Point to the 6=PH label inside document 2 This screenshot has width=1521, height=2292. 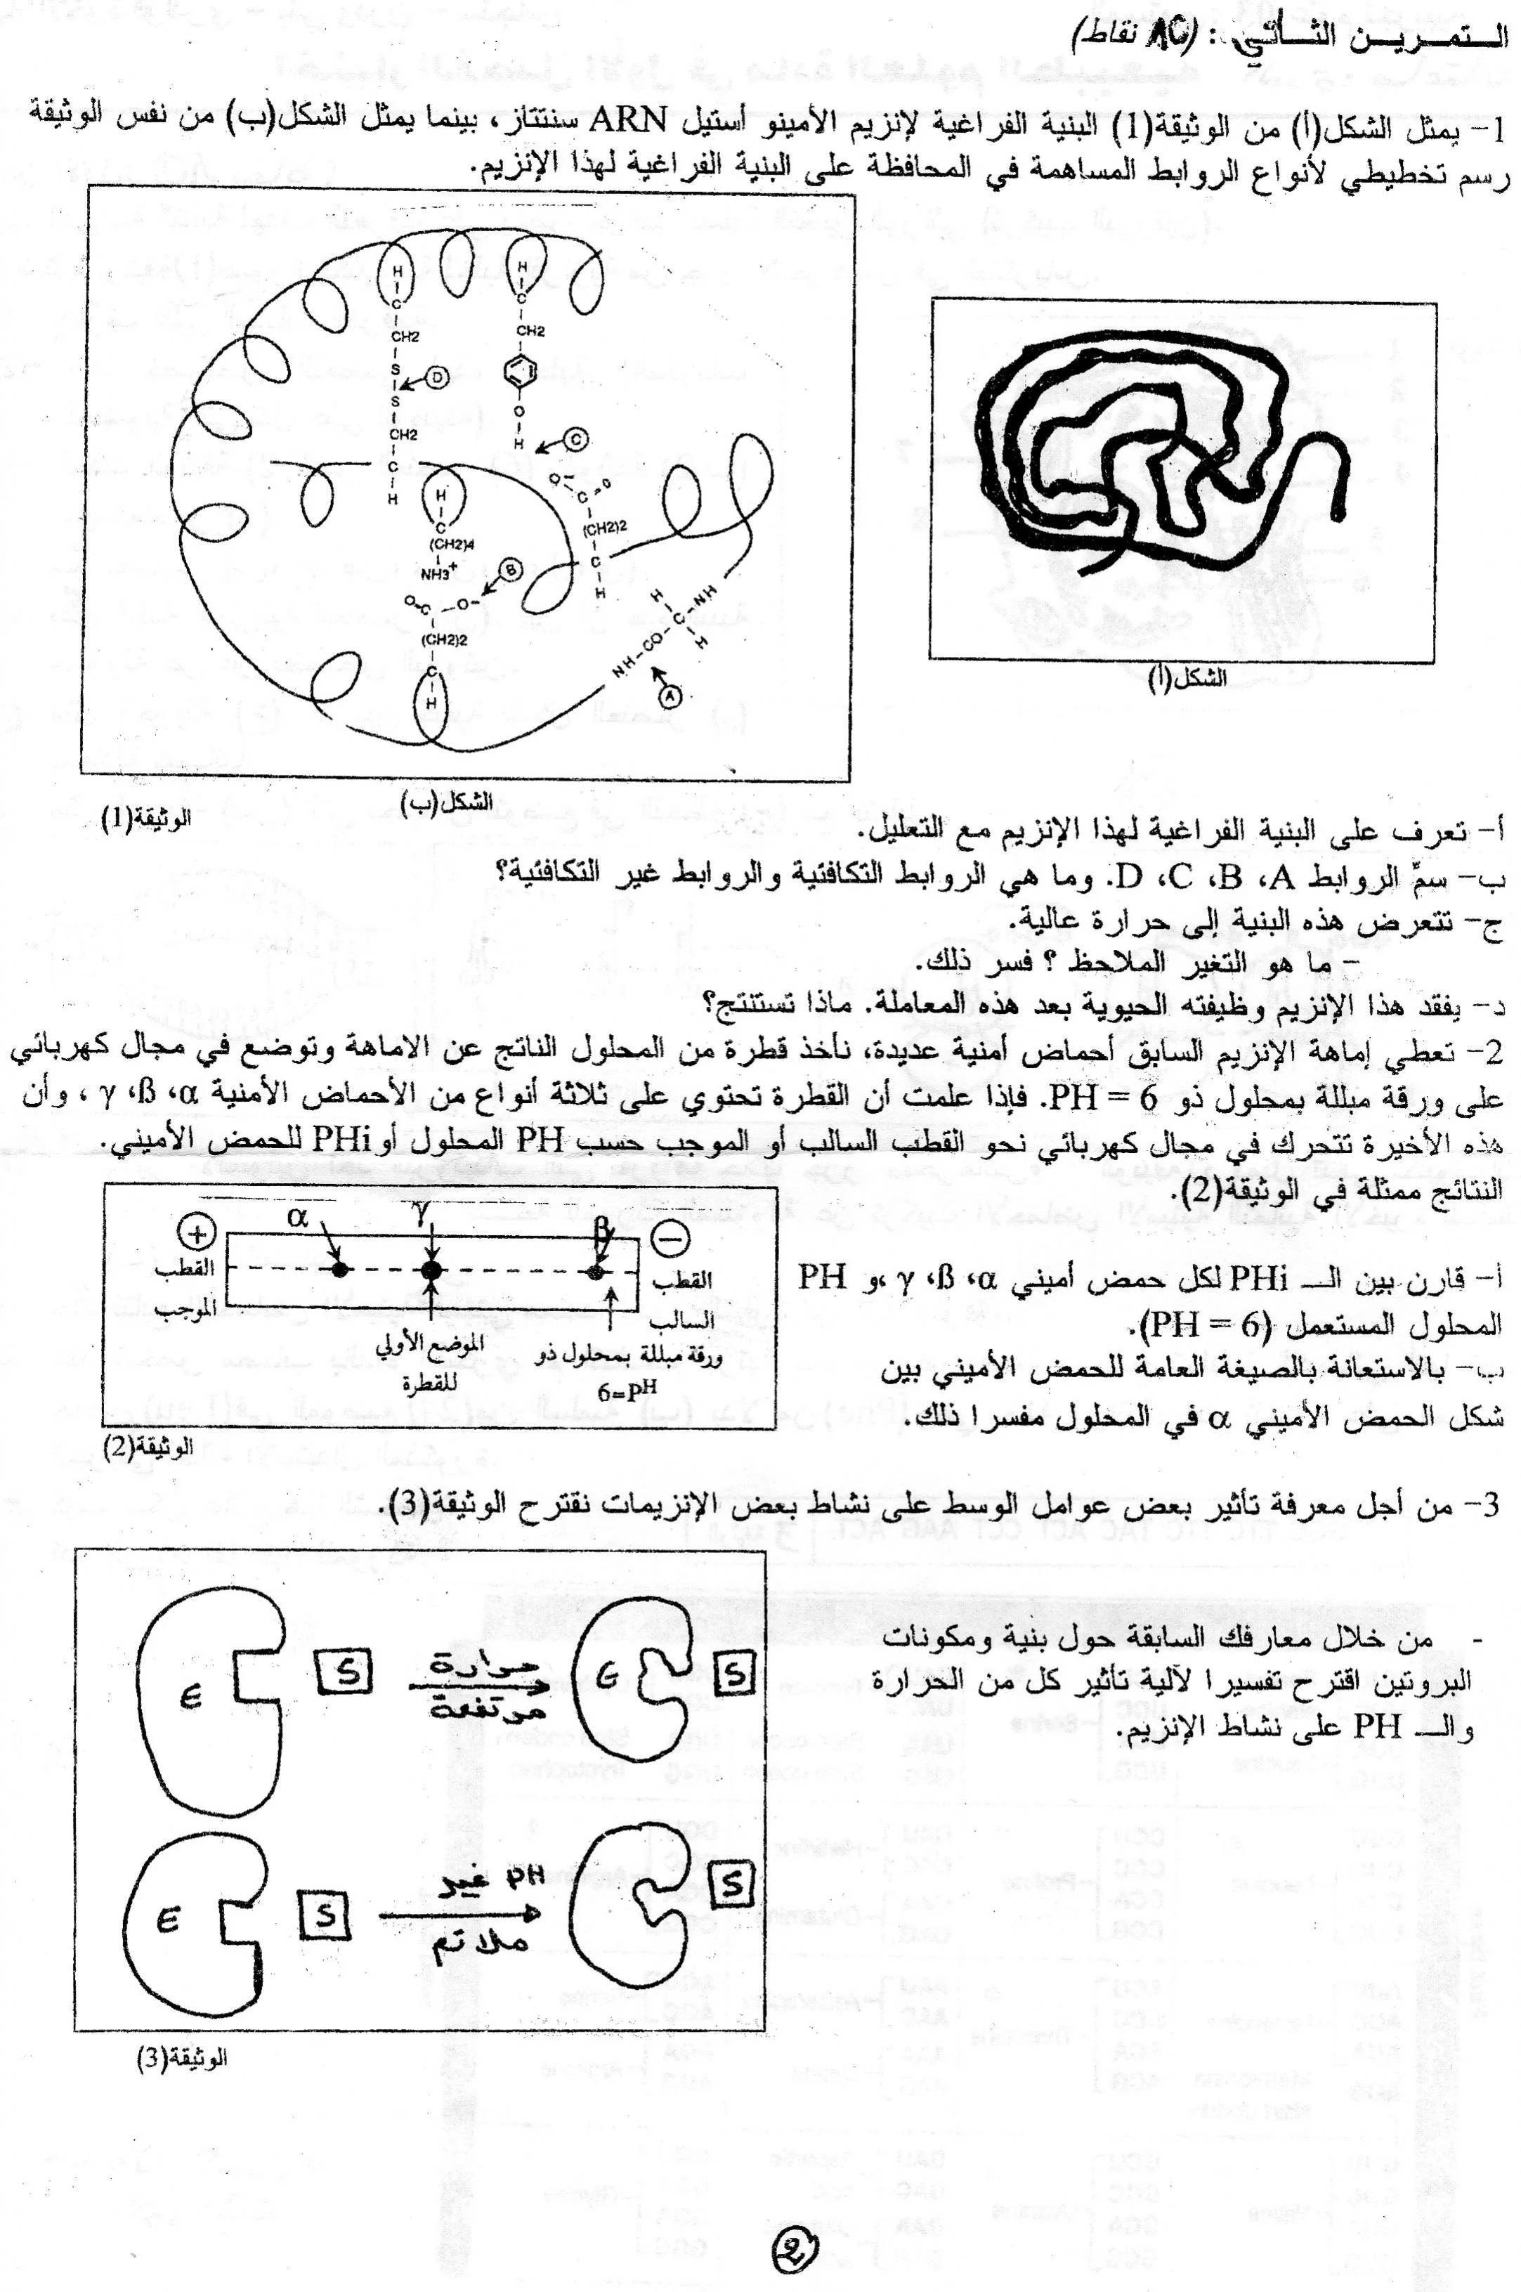[621, 1390]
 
